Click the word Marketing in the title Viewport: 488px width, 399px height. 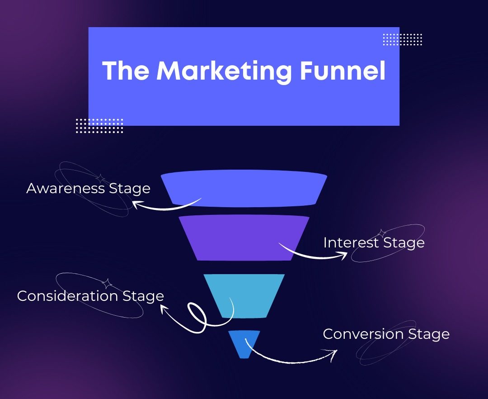(x=224, y=71)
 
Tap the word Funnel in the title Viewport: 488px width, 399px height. (x=343, y=70)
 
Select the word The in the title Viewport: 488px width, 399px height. (x=126, y=70)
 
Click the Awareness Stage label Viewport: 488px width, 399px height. (x=89, y=189)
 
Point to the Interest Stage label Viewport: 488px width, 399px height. (x=374, y=243)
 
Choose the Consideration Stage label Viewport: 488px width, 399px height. (x=90, y=296)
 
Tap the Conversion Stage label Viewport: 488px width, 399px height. (x=386, y=334)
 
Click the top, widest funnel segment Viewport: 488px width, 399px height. (x=244, y=188)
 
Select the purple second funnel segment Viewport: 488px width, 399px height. (x=244, y=237)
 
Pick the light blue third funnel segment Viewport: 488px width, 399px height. (x=244, y=296)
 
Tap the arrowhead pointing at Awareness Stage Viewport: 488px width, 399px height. (x=136, y=204)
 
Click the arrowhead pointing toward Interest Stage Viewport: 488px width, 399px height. (x=343, y=255)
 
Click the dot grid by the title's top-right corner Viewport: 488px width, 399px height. (x=403, y=39)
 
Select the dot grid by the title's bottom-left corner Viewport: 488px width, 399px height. (x=99, y=125)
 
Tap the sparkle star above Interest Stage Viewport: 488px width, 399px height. (x=381, y=233)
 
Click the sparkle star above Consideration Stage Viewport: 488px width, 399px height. (x=108, y=284)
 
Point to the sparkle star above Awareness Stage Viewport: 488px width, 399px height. (x=100, y=179)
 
